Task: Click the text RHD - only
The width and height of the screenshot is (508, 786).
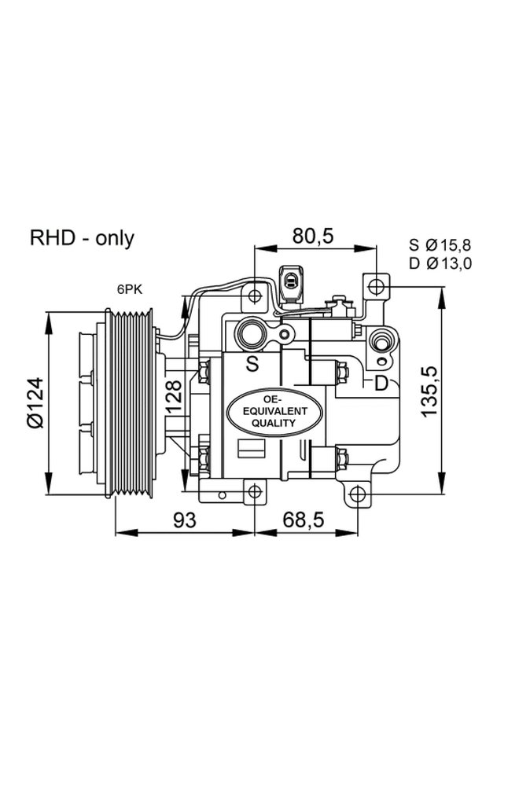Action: [82, 238]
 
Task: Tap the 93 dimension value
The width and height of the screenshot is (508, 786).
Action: [183, 520]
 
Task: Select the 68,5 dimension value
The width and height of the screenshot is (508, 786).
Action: [305, 520]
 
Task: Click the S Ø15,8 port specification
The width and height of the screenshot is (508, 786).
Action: [440, 244]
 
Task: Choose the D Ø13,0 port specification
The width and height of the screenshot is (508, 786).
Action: [440, 263]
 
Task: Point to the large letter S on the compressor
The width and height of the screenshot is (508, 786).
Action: [252, 363]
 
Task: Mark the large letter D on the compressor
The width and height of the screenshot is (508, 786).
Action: [381, 384]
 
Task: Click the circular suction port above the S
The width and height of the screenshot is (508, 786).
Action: [253, 334]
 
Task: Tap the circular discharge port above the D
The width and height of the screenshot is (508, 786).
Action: [381, 342]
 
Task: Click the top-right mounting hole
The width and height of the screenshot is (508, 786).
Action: [377, 284]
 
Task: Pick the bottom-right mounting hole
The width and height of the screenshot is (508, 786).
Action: [357, 494]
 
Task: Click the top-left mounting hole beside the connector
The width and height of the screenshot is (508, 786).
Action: [253, 296]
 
